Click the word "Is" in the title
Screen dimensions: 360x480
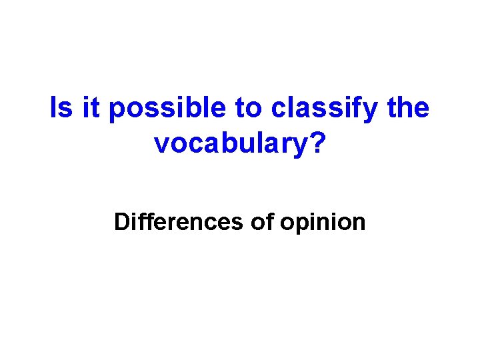pyautogui.click(x=62, y=108)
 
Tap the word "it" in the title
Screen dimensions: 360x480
pyautogui.click(x=92, y=108)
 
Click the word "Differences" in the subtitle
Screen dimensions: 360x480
pyautogui.click(x=178, y=221)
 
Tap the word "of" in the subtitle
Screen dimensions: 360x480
pyautogui.click(x=261, y=221)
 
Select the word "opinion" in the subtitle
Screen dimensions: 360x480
pyautogui.click(x=323, y=223)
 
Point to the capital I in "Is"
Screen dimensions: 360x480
pyautogui.click(x=55, y=108)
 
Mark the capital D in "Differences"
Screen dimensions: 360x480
pyautogui.click(x=122, y=221)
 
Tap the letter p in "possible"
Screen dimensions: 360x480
pyautogui.click(x=116, y=111)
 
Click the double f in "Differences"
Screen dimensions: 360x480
pyautogui.click(x=141, y=221)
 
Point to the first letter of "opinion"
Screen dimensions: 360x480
pyautogui.click(x=287, y=223)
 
